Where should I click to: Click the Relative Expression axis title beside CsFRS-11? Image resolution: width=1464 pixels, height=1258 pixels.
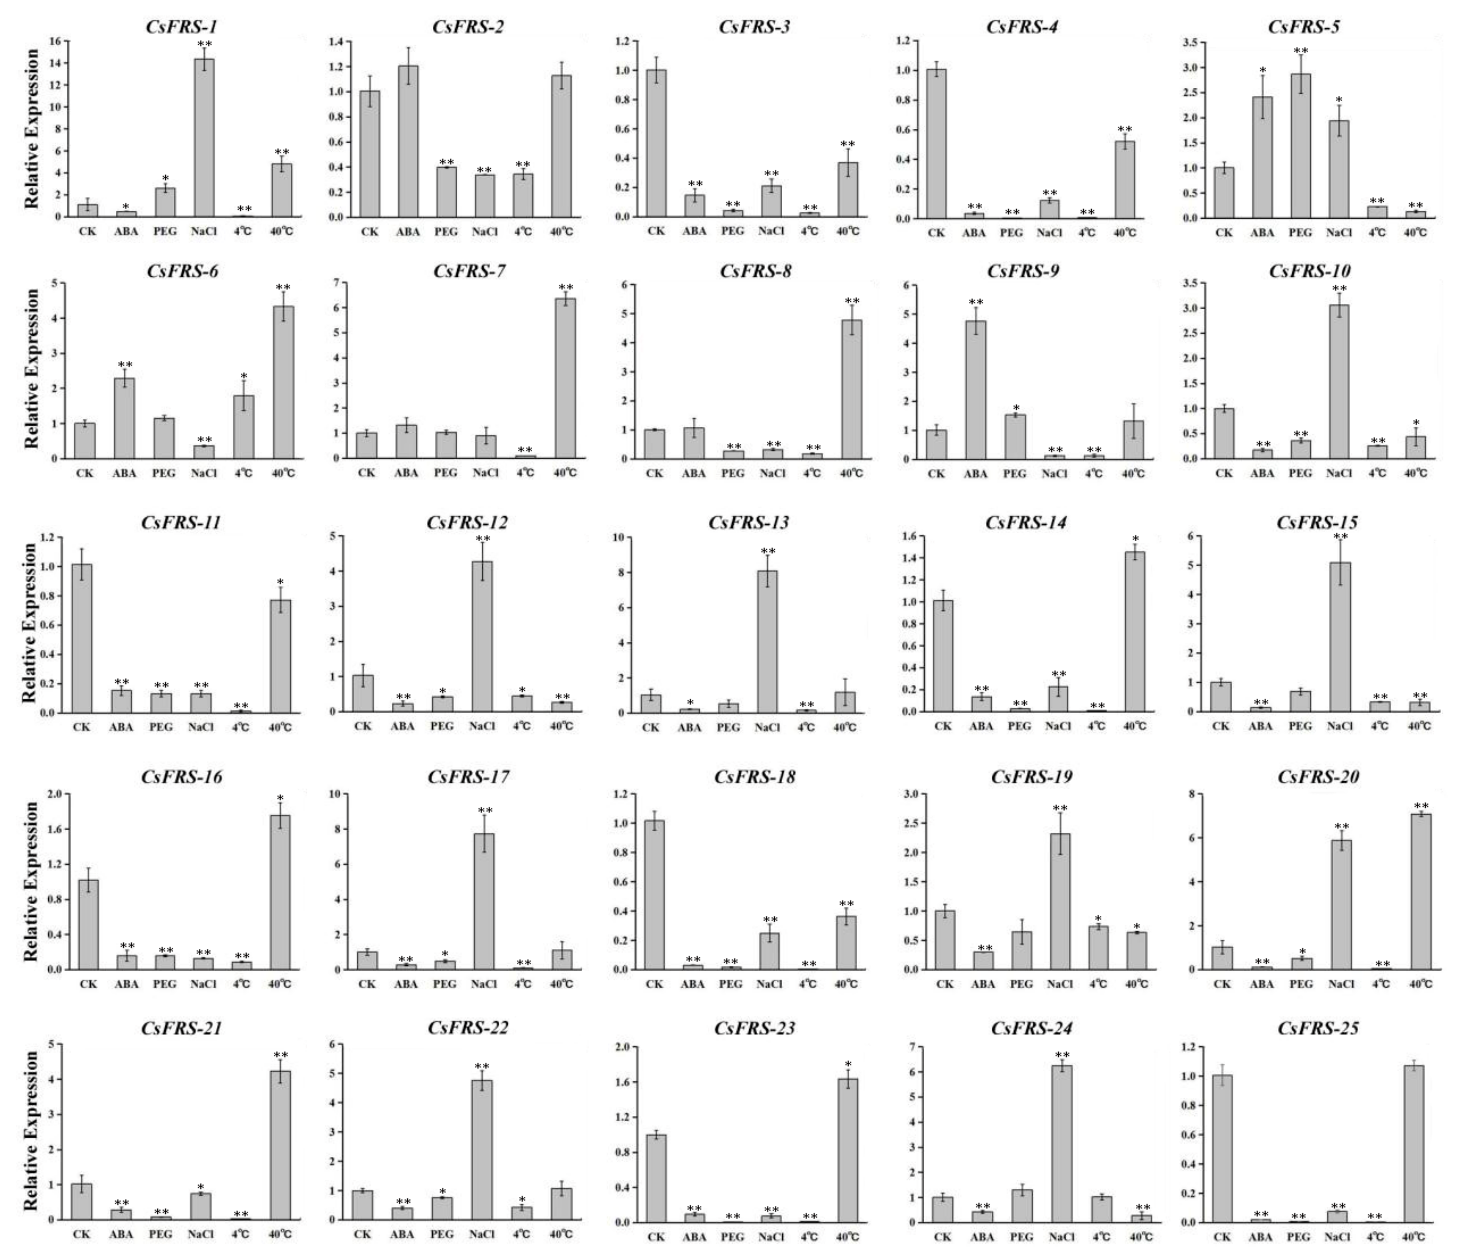[x=30, y=623]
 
